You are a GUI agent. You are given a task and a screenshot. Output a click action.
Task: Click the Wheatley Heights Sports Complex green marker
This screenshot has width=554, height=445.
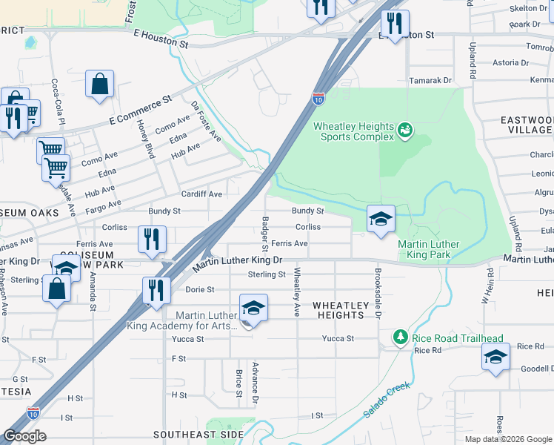(x=404, y=131)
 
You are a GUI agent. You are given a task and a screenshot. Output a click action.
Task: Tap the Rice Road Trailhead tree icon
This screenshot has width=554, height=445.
(x=401, y=337)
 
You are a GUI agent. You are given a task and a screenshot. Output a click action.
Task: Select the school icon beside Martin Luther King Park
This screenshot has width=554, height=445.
(x=381, y=220)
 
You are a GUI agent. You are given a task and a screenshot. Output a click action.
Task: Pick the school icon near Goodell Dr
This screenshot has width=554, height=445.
(x=495, y=357)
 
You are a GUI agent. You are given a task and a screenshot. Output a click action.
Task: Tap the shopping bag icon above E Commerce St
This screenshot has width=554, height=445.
(x=99, y=85)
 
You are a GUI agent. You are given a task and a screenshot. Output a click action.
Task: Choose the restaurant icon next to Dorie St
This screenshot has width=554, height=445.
(x=156, y=291)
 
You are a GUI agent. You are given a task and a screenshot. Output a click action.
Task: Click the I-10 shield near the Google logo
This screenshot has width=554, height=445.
(x=33, y=412)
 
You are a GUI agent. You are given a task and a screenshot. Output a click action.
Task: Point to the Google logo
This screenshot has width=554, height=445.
(x=24, y=436)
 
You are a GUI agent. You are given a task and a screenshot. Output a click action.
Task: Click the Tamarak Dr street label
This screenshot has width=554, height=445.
(x=433, y=80)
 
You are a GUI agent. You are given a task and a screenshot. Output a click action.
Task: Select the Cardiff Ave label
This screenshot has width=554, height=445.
(x=202, y=194)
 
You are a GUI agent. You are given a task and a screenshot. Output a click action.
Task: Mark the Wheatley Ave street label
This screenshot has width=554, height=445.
(x=297, y=291)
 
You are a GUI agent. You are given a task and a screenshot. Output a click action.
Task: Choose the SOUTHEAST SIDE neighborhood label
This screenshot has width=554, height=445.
(x=198, y=435)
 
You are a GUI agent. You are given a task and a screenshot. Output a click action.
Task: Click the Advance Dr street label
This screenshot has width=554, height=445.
(x=254, y=383)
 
